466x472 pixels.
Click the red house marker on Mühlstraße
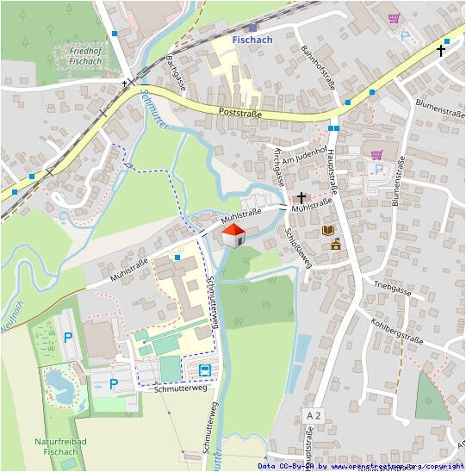click(233, 234)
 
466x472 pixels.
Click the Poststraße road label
click(239, 113)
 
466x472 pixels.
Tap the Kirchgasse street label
click(277, 167)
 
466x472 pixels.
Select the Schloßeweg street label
click(298, 249)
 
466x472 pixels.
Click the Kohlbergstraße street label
click(398, 329)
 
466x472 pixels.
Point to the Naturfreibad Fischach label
click(57, 446)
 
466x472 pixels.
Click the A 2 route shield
click(314, 416)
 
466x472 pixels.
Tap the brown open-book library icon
click(327, 230)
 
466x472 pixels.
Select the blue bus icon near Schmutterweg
click(205, 370)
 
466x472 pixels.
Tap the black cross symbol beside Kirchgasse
click(301, 197)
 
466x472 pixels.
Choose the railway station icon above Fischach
click(252, 28)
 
